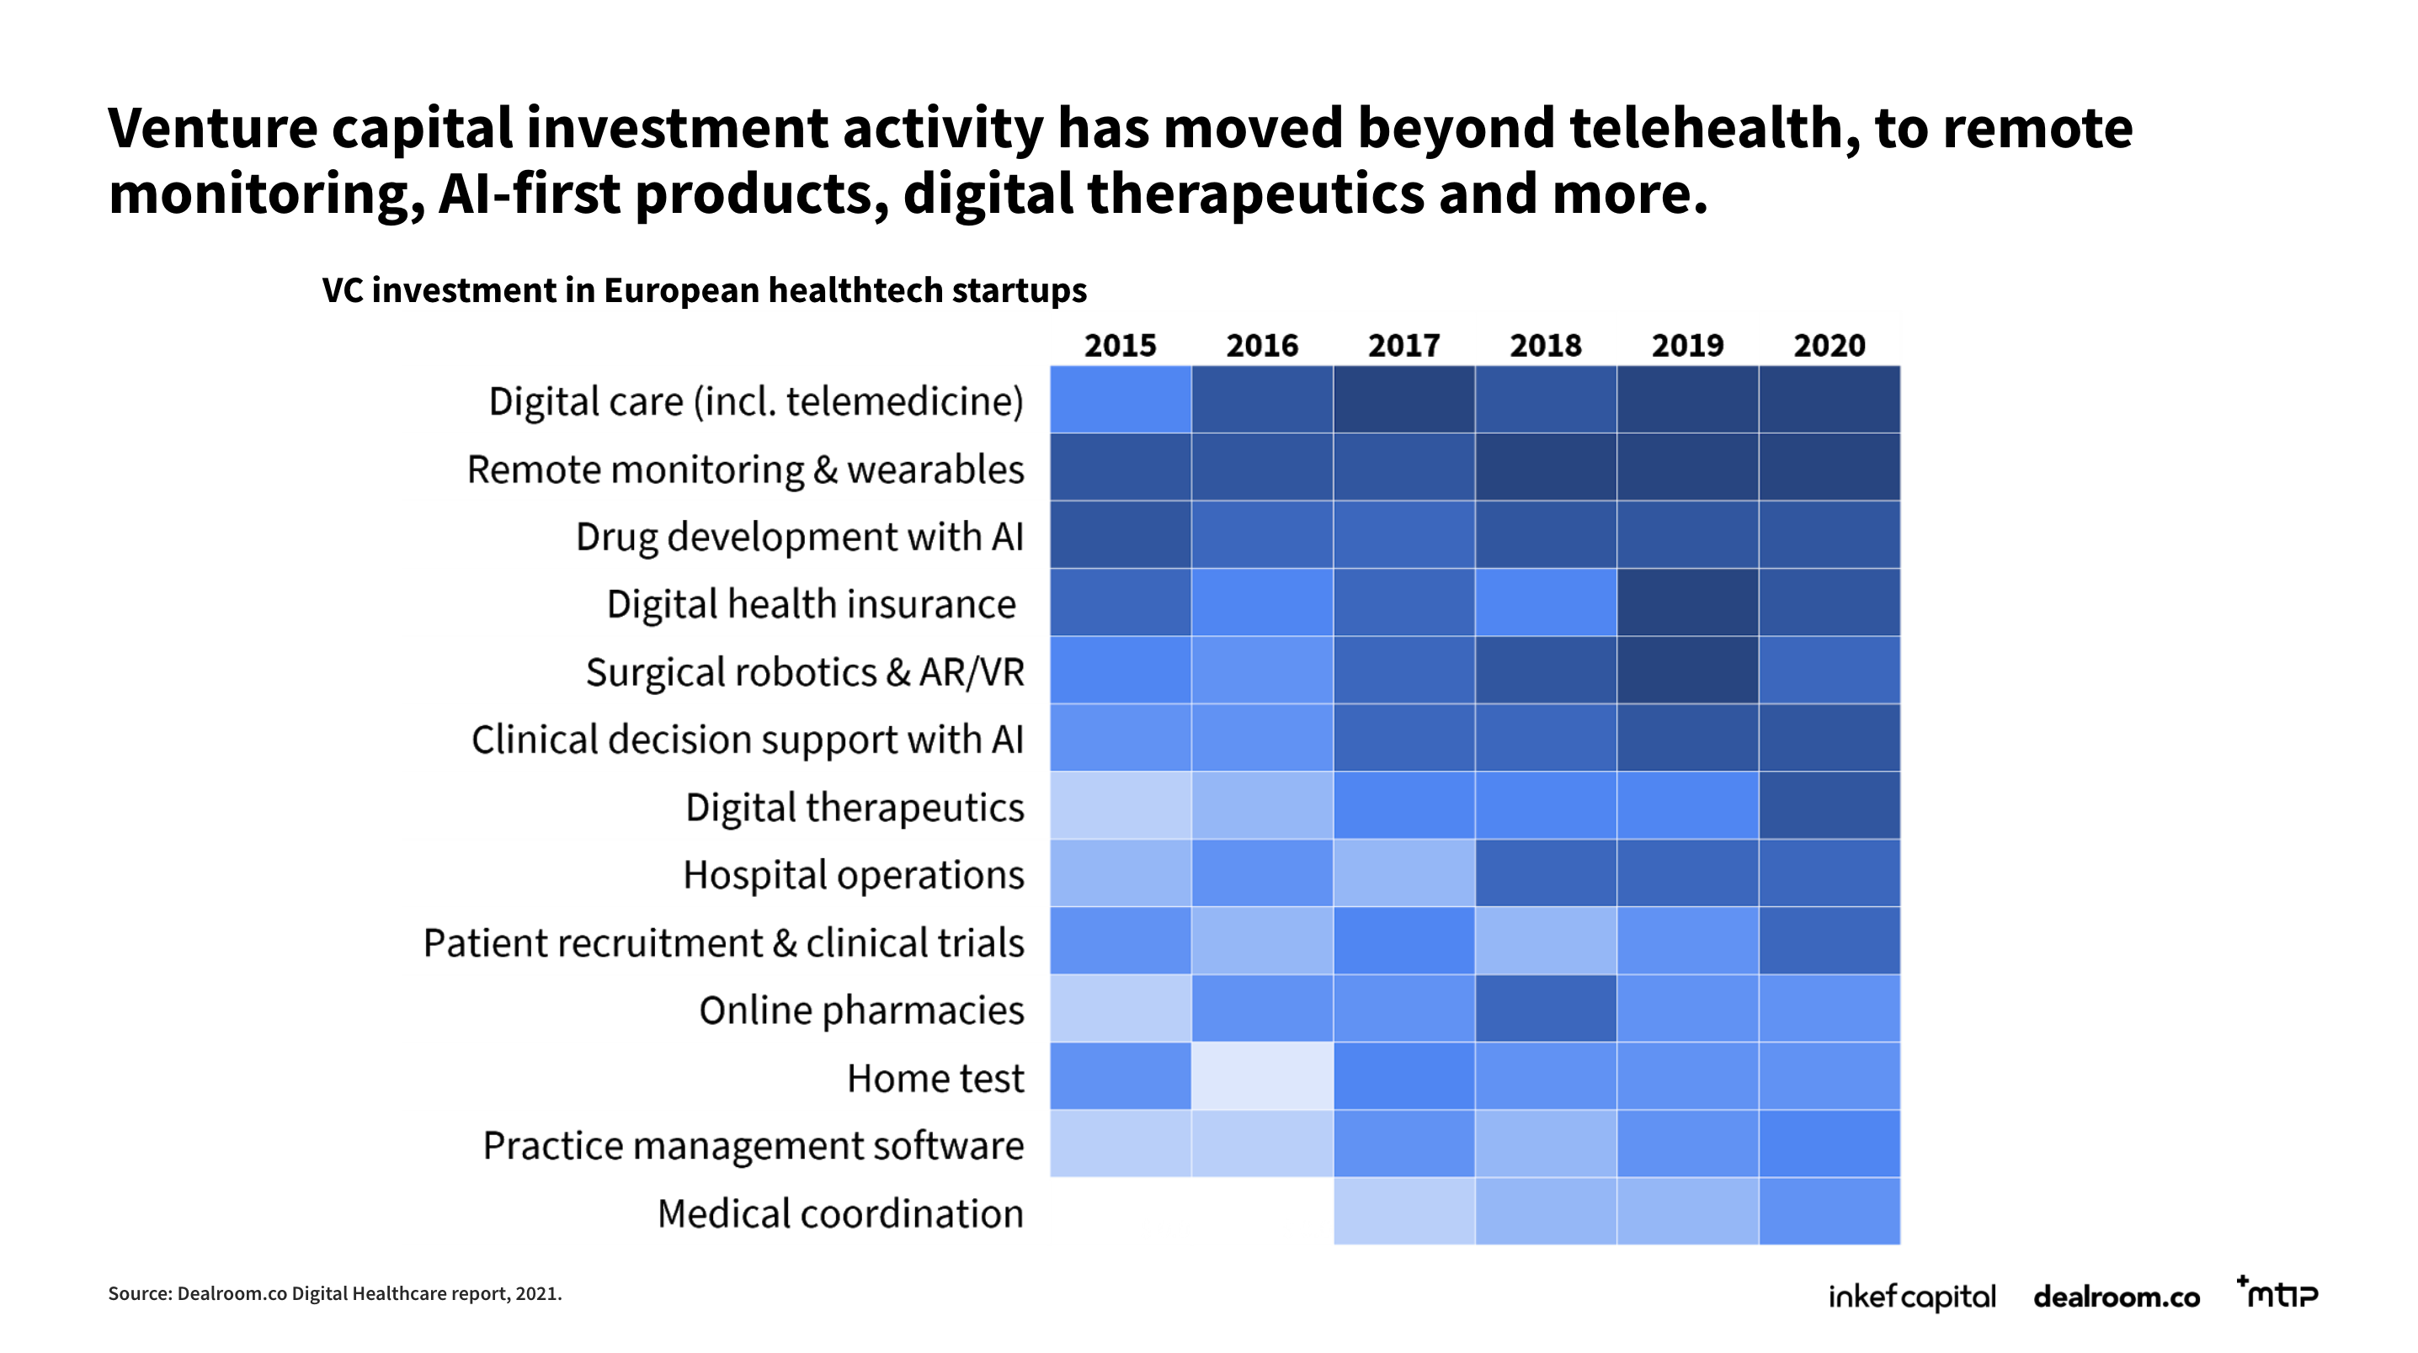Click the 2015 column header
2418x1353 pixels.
1120,345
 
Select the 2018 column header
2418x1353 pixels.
1545,345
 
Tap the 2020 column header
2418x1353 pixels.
1829,345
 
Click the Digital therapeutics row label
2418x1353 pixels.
855,807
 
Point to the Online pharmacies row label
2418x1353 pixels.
860,1011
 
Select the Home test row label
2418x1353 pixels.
935,1078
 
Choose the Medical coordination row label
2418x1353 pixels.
840,1213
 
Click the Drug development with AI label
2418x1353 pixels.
799,537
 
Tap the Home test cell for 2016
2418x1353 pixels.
1263,1076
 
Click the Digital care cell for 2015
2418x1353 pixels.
1120,400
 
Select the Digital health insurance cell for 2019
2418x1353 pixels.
1688,602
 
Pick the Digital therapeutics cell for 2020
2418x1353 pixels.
1829,805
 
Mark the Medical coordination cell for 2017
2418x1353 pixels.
1404,1212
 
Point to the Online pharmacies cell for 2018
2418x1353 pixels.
1545,1009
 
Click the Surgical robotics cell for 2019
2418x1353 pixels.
1688,670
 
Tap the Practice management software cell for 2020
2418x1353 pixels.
1829,1143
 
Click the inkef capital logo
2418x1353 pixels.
1911,1297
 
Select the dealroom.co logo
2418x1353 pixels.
2116,1297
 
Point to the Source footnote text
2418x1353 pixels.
335,1294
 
